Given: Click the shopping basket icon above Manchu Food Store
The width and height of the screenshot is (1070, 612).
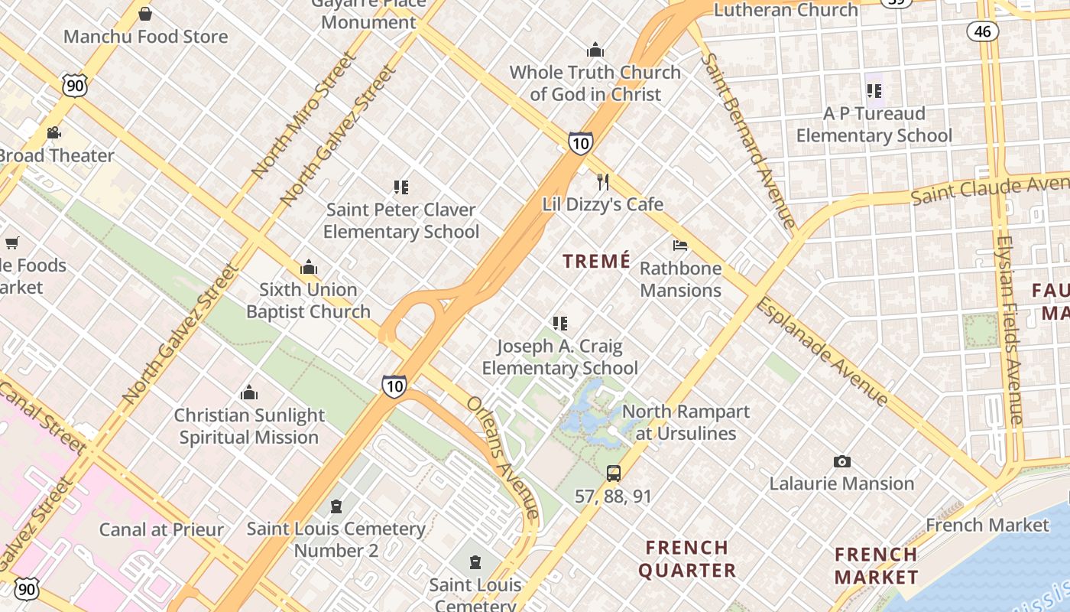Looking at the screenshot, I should (145, 14).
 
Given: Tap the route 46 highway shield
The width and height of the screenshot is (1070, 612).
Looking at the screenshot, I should (982, 31).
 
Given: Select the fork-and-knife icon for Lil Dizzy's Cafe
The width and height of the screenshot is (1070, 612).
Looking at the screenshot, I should (603, 182).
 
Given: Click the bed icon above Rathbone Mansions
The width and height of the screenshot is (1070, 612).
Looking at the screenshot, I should (679, 246).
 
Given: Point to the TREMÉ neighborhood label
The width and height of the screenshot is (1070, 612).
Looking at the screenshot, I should (597, 262).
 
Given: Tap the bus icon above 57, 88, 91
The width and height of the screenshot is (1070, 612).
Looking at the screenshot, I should (613, 474).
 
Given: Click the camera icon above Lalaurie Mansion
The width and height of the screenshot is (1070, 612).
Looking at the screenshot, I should (841, 461).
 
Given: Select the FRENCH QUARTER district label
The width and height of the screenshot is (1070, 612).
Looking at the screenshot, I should (687, 559).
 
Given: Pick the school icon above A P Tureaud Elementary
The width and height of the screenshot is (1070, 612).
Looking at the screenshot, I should (874, 91).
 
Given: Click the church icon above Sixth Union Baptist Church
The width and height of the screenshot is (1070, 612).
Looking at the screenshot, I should (309, 267).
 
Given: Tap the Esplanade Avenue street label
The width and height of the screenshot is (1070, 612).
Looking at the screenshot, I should (822, 352).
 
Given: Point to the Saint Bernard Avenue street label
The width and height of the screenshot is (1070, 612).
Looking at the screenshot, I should (750, 141).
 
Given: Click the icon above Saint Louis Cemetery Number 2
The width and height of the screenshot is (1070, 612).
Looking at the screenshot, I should (336, 506).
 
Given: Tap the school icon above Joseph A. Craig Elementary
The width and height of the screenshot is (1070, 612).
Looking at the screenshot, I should (560, 324).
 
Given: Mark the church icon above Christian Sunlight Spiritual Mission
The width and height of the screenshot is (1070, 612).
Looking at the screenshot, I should (249, 393).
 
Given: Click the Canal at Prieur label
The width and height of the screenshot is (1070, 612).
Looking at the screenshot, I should (161, 529).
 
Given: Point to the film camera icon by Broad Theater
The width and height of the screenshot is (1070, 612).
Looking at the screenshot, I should (53, 133).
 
